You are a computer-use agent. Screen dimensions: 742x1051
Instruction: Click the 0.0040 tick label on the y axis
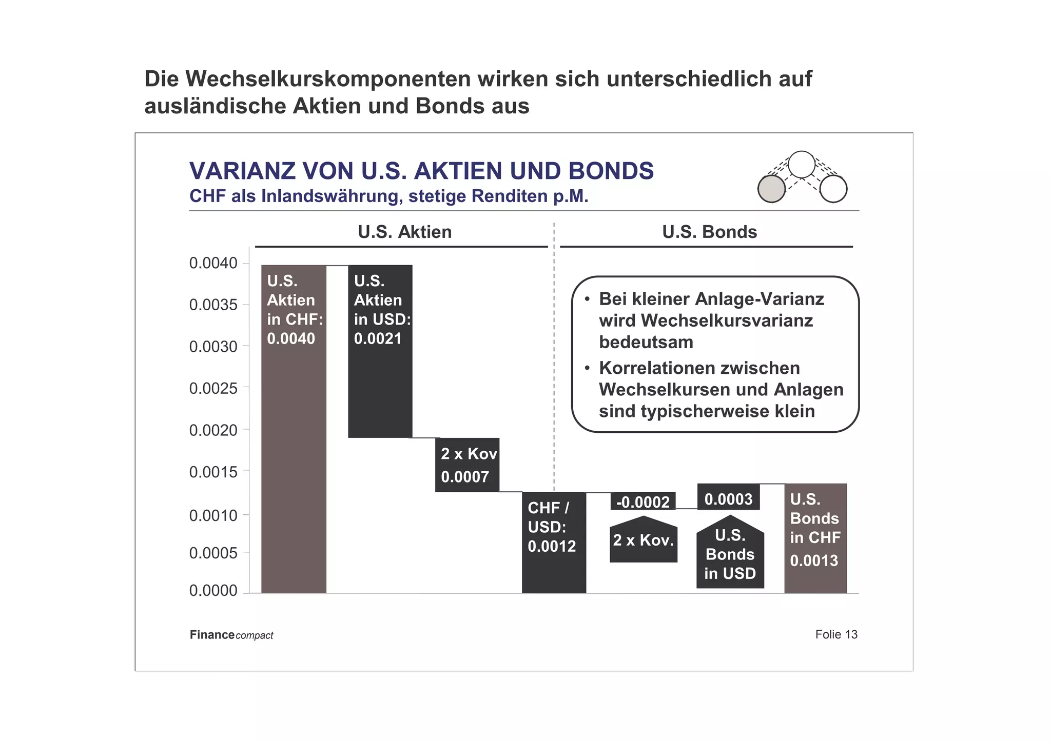(x=213, y=263)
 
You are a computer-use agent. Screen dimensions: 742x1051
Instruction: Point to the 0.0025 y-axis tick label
(x=213, y=388)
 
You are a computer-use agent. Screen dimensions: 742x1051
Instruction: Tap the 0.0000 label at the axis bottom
(x=213, y=591)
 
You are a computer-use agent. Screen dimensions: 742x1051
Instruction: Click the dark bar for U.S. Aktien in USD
(x=380, y=385)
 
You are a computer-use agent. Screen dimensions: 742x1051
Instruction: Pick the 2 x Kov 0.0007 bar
(x=467, y=465)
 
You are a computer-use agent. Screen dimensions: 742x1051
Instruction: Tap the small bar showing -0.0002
(x=643, y=501)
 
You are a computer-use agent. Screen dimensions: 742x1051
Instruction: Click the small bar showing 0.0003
(x=728, y=497)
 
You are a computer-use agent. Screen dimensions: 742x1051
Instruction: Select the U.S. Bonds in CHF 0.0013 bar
(x=815, y=538)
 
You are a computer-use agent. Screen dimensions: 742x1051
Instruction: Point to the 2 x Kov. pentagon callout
(x=644, y=540)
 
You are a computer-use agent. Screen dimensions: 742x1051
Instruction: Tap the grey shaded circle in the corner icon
(x=771, y=189)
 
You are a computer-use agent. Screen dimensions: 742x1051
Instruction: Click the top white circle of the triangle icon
(x=801, y=165)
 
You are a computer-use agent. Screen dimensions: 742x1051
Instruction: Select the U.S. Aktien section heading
(x=404, y=232)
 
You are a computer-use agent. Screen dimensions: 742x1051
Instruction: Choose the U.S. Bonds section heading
(x=709, y=232)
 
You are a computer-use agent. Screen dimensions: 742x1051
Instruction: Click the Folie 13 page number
(x=836, y=634)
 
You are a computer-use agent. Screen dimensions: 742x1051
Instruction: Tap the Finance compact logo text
(x=231, y=635)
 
